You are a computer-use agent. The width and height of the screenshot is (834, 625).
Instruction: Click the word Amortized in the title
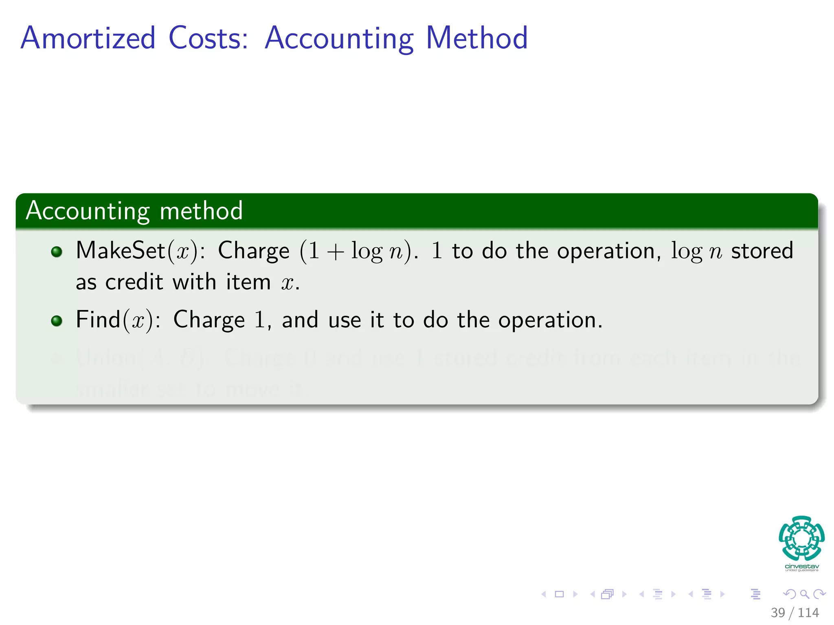(x=88, y=38)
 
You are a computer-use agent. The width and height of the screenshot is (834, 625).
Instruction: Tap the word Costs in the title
(x=208, y=38)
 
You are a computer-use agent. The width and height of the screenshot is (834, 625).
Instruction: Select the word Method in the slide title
(x=476, y=38)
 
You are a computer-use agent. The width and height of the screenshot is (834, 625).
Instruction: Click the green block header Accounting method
(x=134, y=211)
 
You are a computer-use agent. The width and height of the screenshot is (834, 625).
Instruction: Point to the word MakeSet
(x=120, y=250)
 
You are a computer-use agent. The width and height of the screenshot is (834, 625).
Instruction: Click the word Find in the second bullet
(x=98, y=319)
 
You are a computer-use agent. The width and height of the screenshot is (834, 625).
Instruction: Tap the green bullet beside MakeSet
(x=57, y=252)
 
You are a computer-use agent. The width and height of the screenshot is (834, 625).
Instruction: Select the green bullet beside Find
(x=57, y=321)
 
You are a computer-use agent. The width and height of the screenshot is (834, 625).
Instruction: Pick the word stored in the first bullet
(x=762, y=251)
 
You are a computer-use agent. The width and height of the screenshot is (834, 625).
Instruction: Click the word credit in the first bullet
(x=134, y=282)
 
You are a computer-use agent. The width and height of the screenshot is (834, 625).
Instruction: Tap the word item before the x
(x=248, y=282)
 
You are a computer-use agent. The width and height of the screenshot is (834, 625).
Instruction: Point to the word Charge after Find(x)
(x=209, y=320)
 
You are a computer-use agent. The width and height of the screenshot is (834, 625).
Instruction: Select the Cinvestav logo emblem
(x=801, y=538)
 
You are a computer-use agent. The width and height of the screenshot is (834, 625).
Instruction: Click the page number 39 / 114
(x=794, y=612)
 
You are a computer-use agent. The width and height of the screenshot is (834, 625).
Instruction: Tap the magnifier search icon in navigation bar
(x=804, y=594)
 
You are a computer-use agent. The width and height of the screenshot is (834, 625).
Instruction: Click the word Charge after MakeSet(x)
(x=254, y=251)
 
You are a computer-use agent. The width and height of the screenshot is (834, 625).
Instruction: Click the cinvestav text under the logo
(x=801, y=566)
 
